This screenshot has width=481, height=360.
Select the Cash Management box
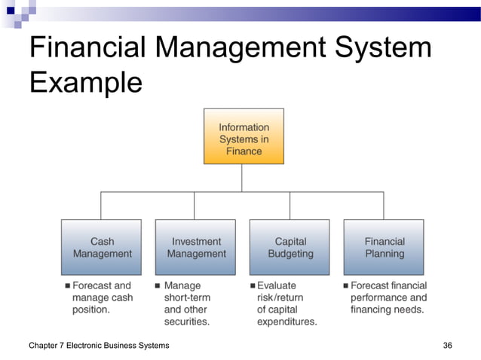(102, 247)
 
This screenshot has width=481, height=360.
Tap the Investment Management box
(196, 247)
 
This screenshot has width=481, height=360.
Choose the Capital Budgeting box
(290, 247)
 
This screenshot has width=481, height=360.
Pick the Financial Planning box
(384, 247)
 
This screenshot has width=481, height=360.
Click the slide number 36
(448, 345)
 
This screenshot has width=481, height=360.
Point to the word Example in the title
(85, 82)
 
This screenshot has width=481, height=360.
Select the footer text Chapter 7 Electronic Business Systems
(99, 345)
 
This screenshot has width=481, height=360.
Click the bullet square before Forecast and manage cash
(67, 286)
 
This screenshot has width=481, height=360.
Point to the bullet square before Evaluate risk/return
(253, 286)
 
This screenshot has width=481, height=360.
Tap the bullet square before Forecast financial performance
(345, 286)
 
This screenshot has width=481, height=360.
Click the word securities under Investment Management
(187, 322)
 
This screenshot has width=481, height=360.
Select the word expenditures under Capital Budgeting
(287, 322)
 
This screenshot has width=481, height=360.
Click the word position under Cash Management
(91, 310)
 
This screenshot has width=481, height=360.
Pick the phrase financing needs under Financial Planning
(388, 310)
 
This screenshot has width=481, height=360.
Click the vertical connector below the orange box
(242, 178)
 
